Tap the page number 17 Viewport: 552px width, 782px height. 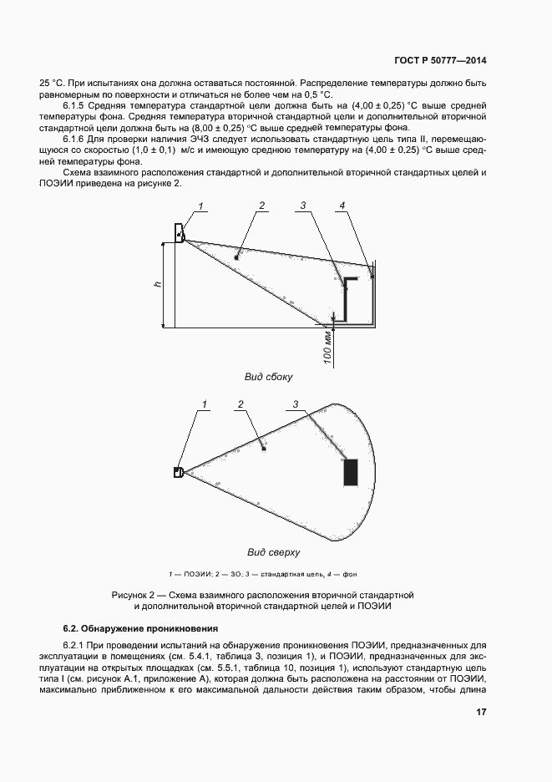pyautogui.click(x=481, y=712)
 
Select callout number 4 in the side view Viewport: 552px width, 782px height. pyautogui.click(x=342, y=205)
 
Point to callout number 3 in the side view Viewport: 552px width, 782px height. pyautogui.click(x=304, y=205)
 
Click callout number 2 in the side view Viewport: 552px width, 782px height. pyautogui.click(x=261, y=205)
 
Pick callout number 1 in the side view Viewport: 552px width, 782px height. pyautogui.click(x=200, y=205)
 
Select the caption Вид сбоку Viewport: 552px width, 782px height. pyautogui.click(x=268, y=377)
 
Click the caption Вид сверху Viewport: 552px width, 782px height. pyautogui.click(x=273, y=552)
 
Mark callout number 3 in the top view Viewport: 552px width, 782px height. pyautogui.click(x=295, y=405)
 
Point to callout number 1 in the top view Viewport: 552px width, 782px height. pyautogui.click(x=203, y=405)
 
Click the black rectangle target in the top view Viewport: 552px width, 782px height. pyautogui.click(x=350, y=471)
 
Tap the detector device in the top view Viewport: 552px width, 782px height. pyautogui.click(x=178, y=472)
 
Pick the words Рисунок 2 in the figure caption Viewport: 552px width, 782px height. pyautogui.click(x=134, y=594)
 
